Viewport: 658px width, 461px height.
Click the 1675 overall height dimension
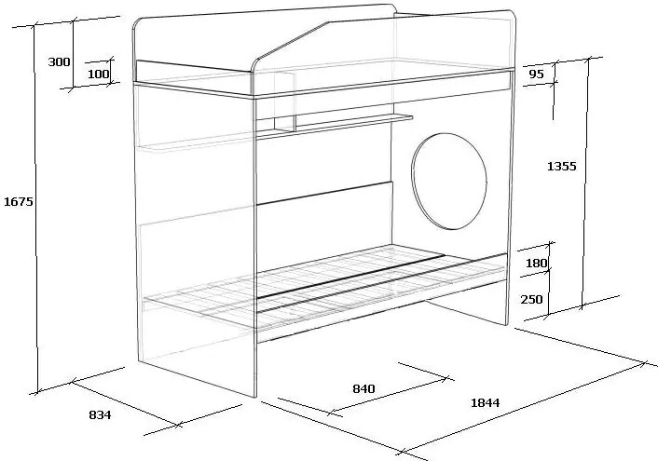[x=18, y=202]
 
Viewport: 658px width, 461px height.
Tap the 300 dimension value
[x=59, y=62]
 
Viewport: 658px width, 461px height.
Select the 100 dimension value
[x=98, y=74]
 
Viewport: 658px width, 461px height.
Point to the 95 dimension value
[x=536, y=75]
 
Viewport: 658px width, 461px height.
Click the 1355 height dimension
[x=562, y=166]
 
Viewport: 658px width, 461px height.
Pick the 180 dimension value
[x=536, y=263]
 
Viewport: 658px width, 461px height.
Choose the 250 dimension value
[x=531, y=299]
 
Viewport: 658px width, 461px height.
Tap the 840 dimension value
[x=363, y=389]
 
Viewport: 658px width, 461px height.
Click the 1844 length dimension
[x=486, y=402]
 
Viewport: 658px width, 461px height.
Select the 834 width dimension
[x=101, y=414]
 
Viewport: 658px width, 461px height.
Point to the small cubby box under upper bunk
[x=285, y=102]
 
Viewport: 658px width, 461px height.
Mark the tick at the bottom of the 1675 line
[x=37, y=392]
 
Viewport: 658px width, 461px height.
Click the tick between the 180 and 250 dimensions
[x=547, y=271]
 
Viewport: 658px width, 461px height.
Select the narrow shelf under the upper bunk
[x=335, y=126]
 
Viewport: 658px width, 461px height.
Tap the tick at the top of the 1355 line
[x=588, y=59]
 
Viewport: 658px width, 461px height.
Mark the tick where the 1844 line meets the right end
[x=643, y=363]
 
